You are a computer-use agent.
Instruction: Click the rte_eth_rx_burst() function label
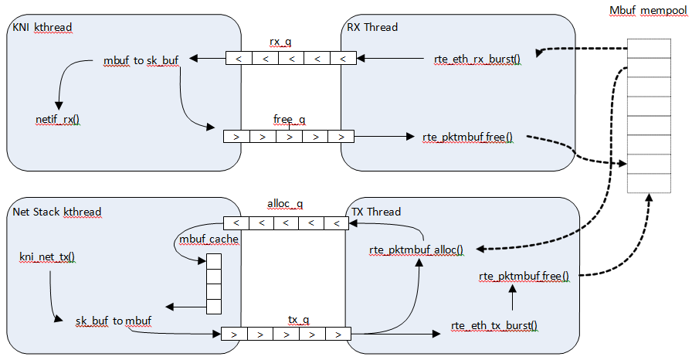[x=477, y=59]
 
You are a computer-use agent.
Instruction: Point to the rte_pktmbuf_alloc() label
[x=417, y=250]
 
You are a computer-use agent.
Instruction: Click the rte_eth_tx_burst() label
[x=494, y=325]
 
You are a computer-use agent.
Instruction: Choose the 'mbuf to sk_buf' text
[x=141, y=59]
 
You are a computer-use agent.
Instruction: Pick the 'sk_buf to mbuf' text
[x=113, y=320]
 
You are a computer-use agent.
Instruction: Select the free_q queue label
[x=290, y=120]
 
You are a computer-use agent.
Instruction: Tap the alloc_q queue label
[x=285, y=205]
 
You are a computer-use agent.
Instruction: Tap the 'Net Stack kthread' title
[x=57, y=212]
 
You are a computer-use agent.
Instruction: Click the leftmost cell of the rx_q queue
[x=239, y=58]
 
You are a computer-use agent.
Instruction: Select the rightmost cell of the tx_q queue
[x=338, y=335]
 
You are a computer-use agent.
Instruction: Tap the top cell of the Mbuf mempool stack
[x=648, y=49]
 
